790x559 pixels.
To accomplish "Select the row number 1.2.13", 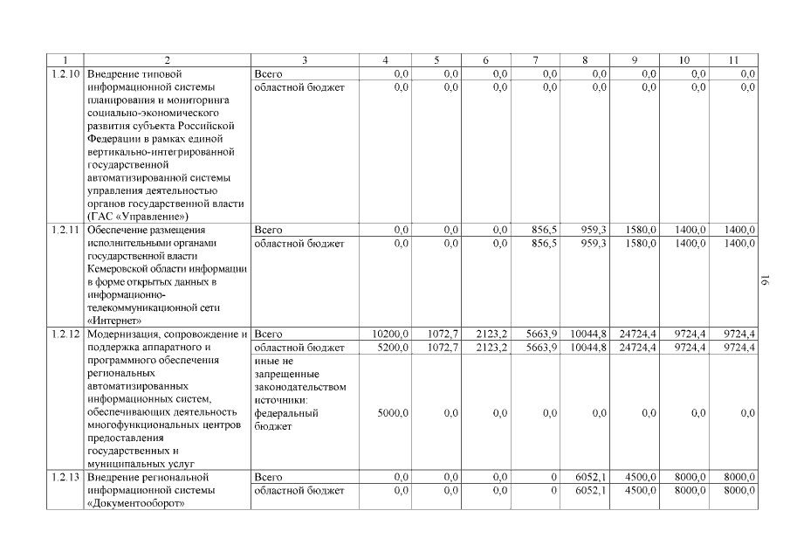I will [x=65, y=478].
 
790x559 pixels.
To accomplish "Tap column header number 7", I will [x=535, y=60].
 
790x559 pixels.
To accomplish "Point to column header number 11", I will [x=733, y=60].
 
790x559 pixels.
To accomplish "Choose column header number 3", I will [x=305, y=60].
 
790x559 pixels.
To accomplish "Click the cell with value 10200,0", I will [x=390, y=335].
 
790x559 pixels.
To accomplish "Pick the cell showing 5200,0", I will [x=393, y=348].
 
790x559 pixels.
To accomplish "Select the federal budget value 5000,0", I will [x=393, y=413].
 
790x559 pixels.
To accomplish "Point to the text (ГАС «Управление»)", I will [x=138, y=216].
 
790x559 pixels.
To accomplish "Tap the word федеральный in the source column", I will [x=285, y=413].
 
